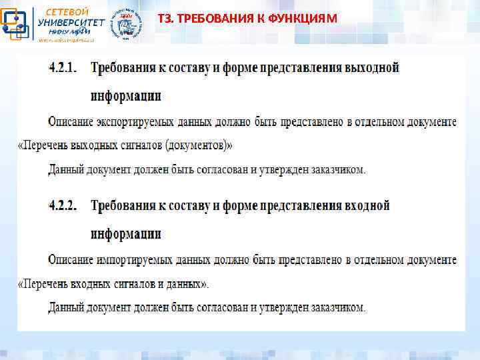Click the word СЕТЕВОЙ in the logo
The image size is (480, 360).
click(x=66, y=11)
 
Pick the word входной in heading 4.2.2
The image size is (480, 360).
click(x=366, y=206)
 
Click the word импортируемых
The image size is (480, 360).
click(x=133, y=259)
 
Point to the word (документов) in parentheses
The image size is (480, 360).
click(x=198, y=145)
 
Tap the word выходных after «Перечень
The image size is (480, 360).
click(x=95, y=145)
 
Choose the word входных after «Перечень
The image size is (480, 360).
click(x=93, y=283)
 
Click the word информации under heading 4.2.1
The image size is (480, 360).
click(x=126, y=96)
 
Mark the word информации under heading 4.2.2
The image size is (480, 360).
click(x=126, y=233)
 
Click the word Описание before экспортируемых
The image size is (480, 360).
click(x=72, y=122)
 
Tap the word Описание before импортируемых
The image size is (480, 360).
click(x=72, y=259)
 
